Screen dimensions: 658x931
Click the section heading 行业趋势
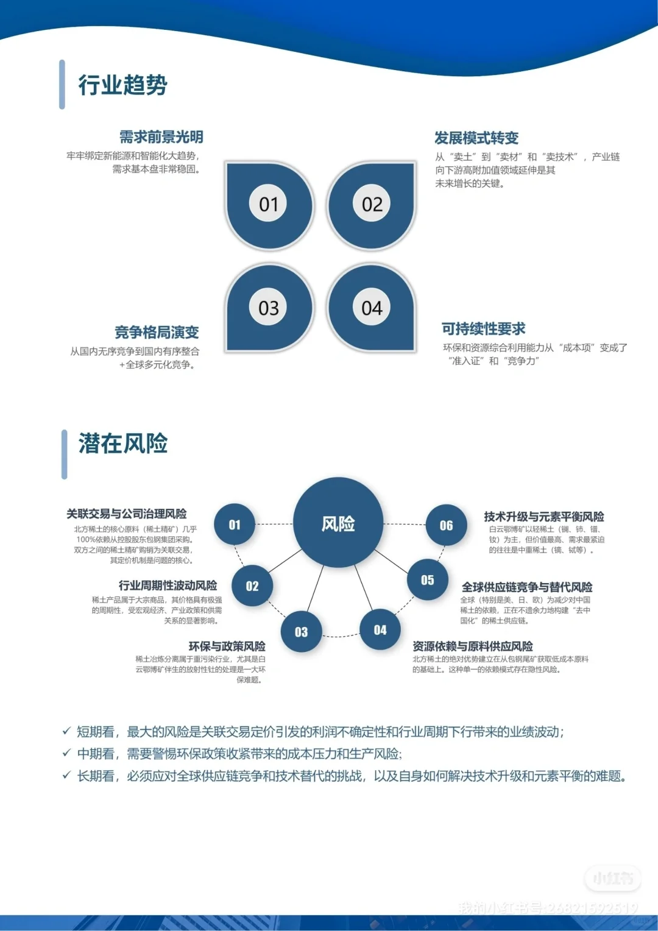[122, 85]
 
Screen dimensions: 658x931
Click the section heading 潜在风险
[122, 444]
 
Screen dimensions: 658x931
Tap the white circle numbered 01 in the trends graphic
[269, 204]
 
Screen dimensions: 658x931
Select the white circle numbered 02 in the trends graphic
[372, 204]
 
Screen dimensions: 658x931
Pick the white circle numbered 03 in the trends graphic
[269, 308]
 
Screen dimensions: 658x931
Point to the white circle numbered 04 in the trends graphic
[372, 308]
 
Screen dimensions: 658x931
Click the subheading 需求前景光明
[161, 137]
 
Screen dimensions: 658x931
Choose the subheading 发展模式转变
[476, 138]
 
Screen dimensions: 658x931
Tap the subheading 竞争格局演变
[157, 332]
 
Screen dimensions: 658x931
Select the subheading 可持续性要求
[484, 329]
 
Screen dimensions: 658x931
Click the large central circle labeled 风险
[338, 523]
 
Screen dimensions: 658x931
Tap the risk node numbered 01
[235, 525]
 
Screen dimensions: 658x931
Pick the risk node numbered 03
[301, 632]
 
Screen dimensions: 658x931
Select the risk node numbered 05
[428, 580]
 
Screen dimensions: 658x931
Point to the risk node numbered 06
[447, 525]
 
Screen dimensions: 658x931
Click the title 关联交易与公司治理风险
[127, 514]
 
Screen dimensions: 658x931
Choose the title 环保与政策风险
[227, 646]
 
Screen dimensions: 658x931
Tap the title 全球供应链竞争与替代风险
[527, 587]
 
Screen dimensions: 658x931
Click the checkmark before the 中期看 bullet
[67, 753]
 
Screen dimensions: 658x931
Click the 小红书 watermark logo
[613, 878]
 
